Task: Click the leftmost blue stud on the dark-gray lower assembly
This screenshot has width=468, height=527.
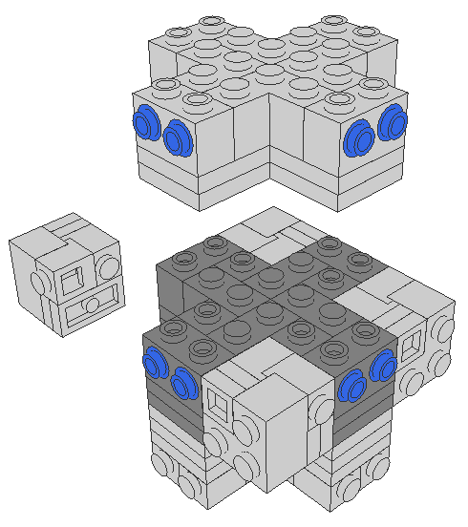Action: (154, 364)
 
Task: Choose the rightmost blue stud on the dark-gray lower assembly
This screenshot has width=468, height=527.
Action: (384, 363)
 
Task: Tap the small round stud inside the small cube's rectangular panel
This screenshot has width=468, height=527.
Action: (93, 305)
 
